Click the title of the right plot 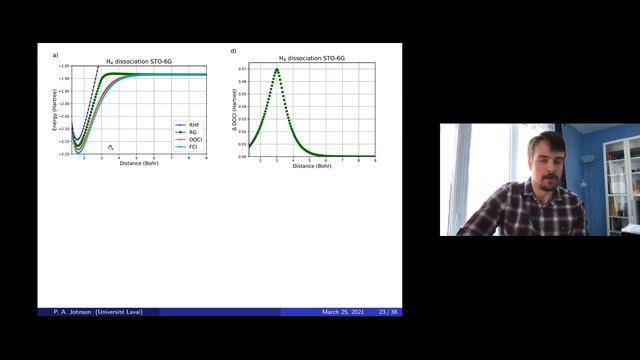pyautogui.click(x=310, y=59)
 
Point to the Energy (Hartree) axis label pyautogui.click(x=56, y=109)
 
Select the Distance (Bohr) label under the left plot pyautogui.click(x=139, y=162)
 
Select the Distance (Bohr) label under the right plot pyautogui.click(x=310, y=164)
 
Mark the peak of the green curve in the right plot pyautogui.click(x=276, y=69)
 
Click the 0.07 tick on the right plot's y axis pyautogui.click(x=243, y=69)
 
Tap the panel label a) pyautogui.click(x=55, y=51)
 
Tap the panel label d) pyautogui.click(x=234, y=51)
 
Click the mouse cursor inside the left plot pyautogui.click(x=111, y=147)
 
